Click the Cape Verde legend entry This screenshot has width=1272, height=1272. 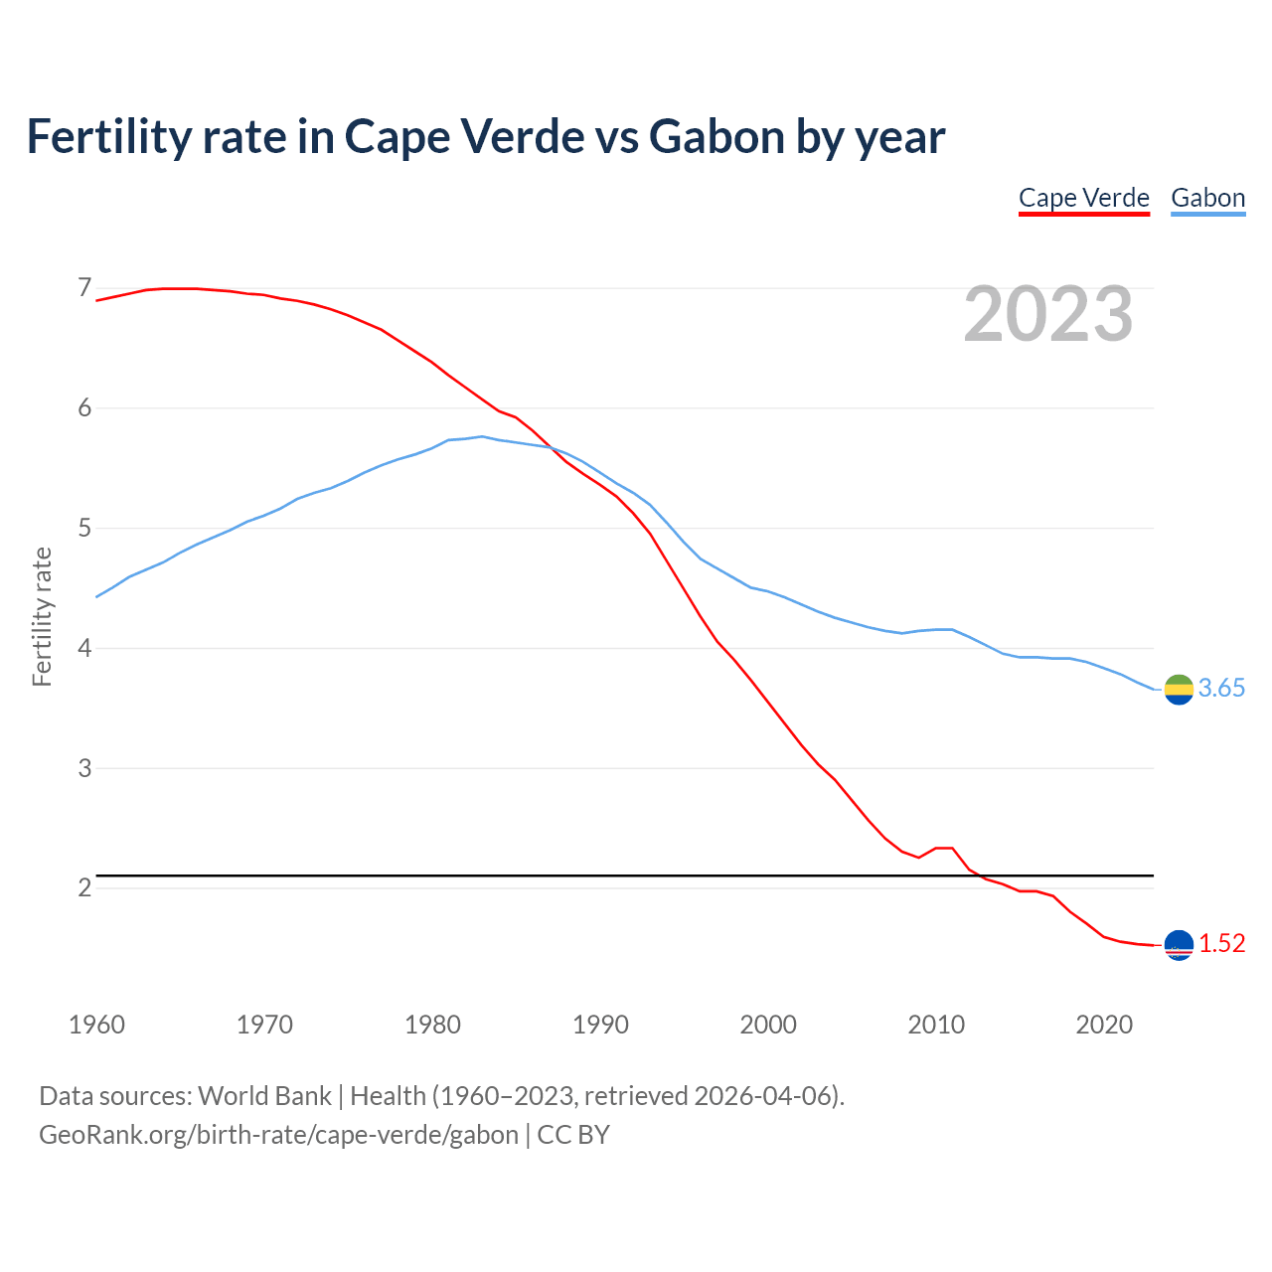tap(1084, 198)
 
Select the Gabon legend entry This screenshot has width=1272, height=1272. tap(1207, 198)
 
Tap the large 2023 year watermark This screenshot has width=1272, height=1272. tap(1048, 314)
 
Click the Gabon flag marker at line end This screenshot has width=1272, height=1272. tap(1179, 689)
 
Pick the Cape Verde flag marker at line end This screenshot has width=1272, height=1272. tap(1179, 945)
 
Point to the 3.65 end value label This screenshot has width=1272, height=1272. tap(1221, 689)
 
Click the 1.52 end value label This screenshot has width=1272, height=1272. tap(1221, 944)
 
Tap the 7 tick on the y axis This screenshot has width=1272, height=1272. tap(84, 288)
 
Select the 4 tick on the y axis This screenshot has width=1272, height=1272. tap(84, 648)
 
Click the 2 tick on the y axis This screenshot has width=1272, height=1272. tap(84, 887)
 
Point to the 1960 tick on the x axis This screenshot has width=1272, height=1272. tap(96, 1025)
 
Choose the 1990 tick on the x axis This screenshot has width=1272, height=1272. tap(600, 1025)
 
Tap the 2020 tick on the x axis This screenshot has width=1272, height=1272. tap(1104, 1025)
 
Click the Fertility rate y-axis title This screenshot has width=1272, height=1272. tap(42, 616)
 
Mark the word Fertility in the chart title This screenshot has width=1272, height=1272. tap(107, 136)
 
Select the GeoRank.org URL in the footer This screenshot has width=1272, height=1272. tap(278, 1135)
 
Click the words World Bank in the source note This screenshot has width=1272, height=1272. tap(264, 1096)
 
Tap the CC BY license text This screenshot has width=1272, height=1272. tap(573, 1135)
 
